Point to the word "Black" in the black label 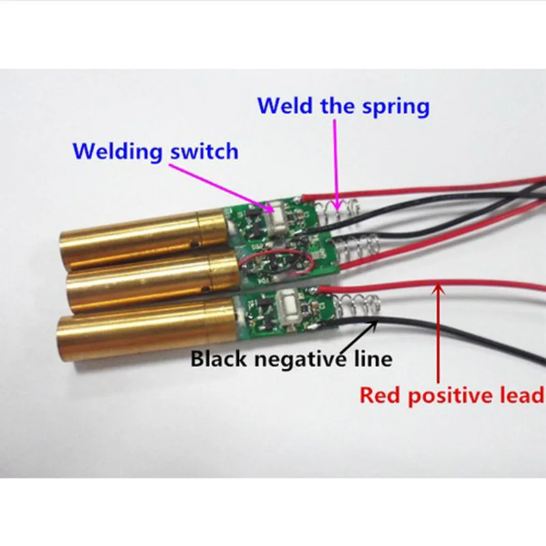[x=217, y=358]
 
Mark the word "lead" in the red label [x=523, y=395]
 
